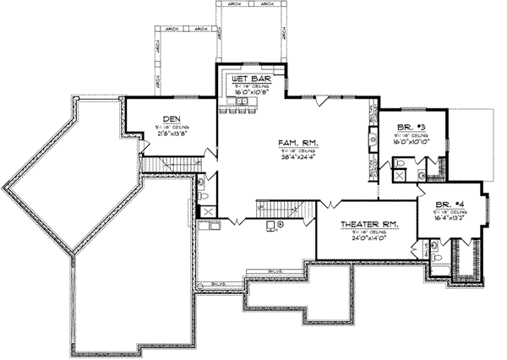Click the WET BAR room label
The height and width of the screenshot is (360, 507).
pyautogui.click(x=248, y=79)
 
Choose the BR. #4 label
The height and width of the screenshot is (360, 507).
pyautogui.click(x=449, y=205)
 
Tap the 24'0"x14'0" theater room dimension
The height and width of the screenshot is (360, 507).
pyautogui.click(x=366, y=237)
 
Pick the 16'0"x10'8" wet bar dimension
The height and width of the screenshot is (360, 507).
pyautogui.click(x=248, y=92)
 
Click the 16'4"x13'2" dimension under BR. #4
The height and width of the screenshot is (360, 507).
pyautogui.click(x=449, y=218)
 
